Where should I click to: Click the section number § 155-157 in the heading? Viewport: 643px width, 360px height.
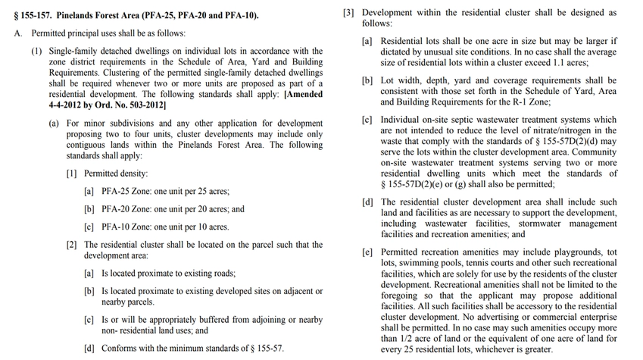click(x=39, y=14)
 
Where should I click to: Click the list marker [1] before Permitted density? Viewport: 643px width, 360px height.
click(x=72, y=174)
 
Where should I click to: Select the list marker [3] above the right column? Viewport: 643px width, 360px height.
click(x=349, y=13)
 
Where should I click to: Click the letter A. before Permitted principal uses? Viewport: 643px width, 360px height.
click(x=17, y=33)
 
